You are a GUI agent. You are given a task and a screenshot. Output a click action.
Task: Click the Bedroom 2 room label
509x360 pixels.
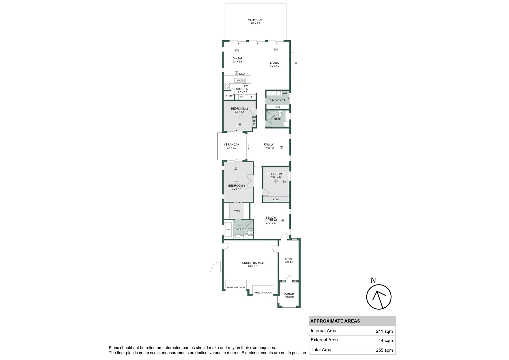pos(239,108)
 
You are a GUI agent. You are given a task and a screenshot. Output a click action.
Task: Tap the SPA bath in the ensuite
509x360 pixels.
pos(228,229)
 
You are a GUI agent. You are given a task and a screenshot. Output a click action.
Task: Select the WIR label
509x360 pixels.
pos(237,211)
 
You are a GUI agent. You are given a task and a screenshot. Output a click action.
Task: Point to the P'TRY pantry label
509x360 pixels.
pos(229,96)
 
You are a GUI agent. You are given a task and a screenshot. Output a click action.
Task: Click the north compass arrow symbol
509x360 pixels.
pos(379,297)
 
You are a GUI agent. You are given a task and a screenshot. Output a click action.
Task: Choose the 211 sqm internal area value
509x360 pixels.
pos(384,331)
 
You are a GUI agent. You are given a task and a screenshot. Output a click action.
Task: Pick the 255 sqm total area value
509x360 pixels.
pos(384,350)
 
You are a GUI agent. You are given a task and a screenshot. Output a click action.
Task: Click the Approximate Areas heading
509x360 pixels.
pos(335,321)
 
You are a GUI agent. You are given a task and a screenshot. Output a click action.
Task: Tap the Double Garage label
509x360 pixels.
pos(253,263)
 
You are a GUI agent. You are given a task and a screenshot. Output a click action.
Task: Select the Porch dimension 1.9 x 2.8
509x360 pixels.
pos(289,297)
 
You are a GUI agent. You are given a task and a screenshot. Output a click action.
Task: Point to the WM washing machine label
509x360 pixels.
pos(285,93)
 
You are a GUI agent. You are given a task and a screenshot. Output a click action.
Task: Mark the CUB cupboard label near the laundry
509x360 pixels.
pos(278,107)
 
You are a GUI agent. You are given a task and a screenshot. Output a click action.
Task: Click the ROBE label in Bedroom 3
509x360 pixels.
pos(276,199)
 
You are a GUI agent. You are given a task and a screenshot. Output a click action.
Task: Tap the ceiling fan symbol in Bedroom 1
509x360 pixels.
pos(236,181)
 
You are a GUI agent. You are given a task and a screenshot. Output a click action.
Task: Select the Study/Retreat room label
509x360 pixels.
pos(271,219)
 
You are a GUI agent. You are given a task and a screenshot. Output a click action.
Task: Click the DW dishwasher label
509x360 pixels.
pos(246,86)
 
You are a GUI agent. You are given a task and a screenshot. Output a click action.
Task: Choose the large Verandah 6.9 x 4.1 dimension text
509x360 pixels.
pos(255,23)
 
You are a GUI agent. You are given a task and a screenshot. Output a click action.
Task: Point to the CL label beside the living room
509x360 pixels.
pos(296,63)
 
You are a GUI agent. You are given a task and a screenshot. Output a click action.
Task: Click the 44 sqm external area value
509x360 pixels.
pos(386,340)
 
